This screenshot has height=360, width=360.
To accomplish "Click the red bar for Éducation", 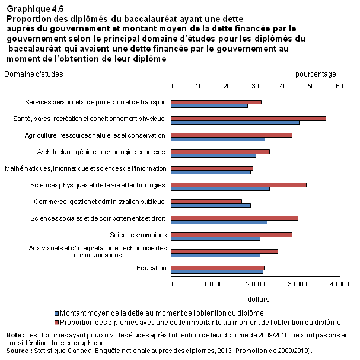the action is click(x=218, y=268).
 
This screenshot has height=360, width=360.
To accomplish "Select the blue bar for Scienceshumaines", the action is click(x=216, y=239).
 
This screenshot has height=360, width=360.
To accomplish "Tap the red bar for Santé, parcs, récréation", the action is click(x=249, y=119).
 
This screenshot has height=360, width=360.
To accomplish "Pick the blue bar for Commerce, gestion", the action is click(x=211, y=205).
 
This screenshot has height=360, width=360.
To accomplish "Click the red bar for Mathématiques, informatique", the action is click(x=212, y=168).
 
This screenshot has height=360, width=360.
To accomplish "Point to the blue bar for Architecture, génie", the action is click(x=214, y=155).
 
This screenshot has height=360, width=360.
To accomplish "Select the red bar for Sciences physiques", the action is click(x=239, y=185).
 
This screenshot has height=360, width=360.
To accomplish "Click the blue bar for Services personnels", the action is click(x=209, y=106).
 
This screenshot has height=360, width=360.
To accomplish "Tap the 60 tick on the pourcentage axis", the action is click(x=339, y=86).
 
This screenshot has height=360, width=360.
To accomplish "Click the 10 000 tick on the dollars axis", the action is click(x=214, y=284).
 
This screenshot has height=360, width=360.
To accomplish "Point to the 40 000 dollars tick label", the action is click(x=340, y=284).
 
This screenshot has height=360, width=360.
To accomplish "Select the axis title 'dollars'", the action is click(x=259, y=299).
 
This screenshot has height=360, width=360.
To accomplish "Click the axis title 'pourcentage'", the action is click(x=316, y=74).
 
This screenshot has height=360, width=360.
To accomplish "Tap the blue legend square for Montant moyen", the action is click(x=57, y=313).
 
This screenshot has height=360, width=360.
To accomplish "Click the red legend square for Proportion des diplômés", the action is click(x=57, y=323).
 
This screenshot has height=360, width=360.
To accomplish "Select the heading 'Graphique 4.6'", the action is click(x=35, y=9).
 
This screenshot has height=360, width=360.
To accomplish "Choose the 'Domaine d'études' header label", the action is click(x=34, y=74).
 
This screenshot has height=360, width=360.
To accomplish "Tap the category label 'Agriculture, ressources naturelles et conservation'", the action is click(x=95, y=135).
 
